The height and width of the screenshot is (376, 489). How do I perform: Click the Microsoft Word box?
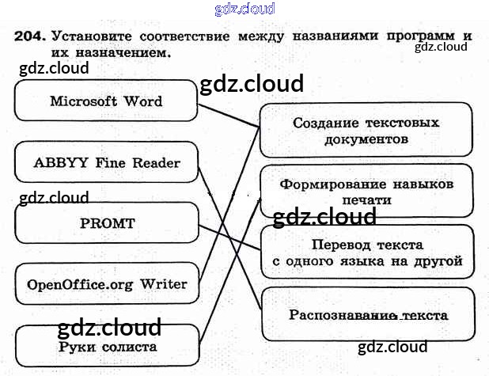pyautogui.click(x=105, y=101)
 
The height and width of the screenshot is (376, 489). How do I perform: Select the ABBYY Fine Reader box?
pyautogui.click(x=105, y=163)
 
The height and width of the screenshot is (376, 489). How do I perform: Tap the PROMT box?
pyautogui.click(x=105, y=223)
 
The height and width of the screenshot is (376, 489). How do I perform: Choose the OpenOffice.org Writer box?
pyautogui.click(x=107, y=284)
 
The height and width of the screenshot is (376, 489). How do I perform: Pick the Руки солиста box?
pyautogui.click(x=107, y=347)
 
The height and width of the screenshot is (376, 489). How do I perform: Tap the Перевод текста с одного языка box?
pyautogui.click(x=367, y=253)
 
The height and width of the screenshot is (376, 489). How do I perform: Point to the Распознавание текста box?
pyautogui.click(x=367, y=315)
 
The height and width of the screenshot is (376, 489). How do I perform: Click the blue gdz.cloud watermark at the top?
pyautogui.click(x=244, y=9)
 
